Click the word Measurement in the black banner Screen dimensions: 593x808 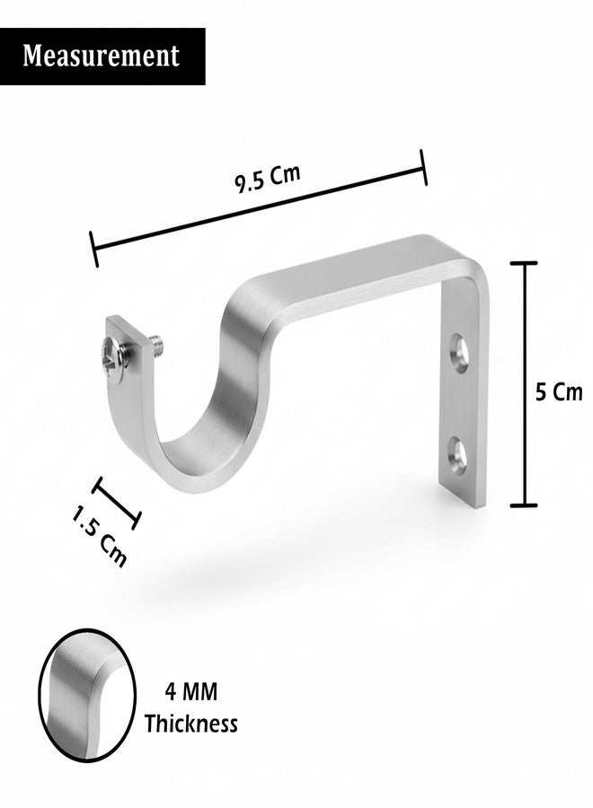tap(101, 56)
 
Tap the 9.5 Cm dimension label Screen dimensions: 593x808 tap(268, 179)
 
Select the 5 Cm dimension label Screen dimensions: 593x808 tap(559, 392)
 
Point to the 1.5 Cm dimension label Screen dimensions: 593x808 tap(99, 536)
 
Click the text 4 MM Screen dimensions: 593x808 tap(191, 691)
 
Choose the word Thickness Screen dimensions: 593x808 tap(190, 723)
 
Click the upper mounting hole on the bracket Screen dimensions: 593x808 tap(459, 354)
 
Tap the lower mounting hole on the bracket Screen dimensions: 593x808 tap(456, 455)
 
